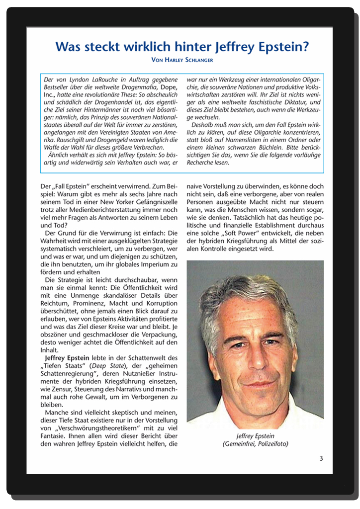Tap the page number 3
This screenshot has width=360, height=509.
click(321, 458)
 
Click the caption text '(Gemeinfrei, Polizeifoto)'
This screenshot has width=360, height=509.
click(255, 443)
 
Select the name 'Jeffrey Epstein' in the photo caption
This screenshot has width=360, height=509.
click(255, 435)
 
